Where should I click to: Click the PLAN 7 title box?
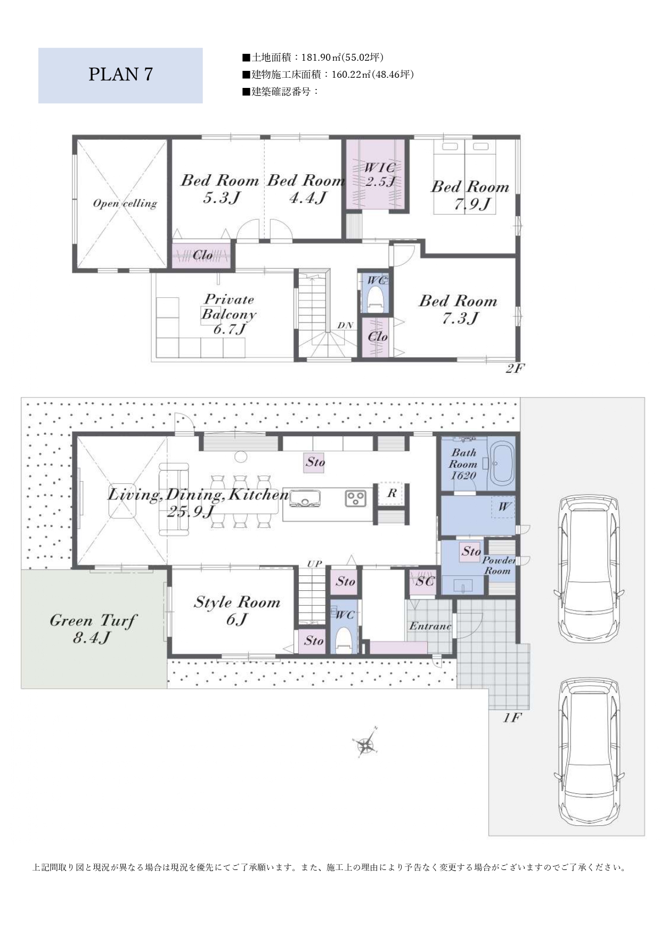tap(120, 76)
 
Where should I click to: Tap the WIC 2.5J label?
tap(380, 174)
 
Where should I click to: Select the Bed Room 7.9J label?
tap(470, 195)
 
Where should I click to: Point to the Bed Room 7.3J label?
tap(458, 310)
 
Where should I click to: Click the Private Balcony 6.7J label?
tap(229, 314)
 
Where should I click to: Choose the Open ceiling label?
tap(125, 204)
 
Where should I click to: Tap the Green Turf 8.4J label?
tap(93, 629)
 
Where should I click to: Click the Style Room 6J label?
tap(237, 611)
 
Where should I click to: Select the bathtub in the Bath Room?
tap(501, 463)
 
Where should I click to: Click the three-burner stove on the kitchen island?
tap(355, 499)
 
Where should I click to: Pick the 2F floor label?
tap(514, 368)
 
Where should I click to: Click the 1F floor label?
tap(511, 718)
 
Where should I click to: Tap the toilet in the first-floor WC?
tap(344, 640)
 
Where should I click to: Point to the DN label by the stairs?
tap(345, 326)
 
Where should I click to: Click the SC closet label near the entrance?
tap(425, 581)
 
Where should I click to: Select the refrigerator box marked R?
tap(391, 494)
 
